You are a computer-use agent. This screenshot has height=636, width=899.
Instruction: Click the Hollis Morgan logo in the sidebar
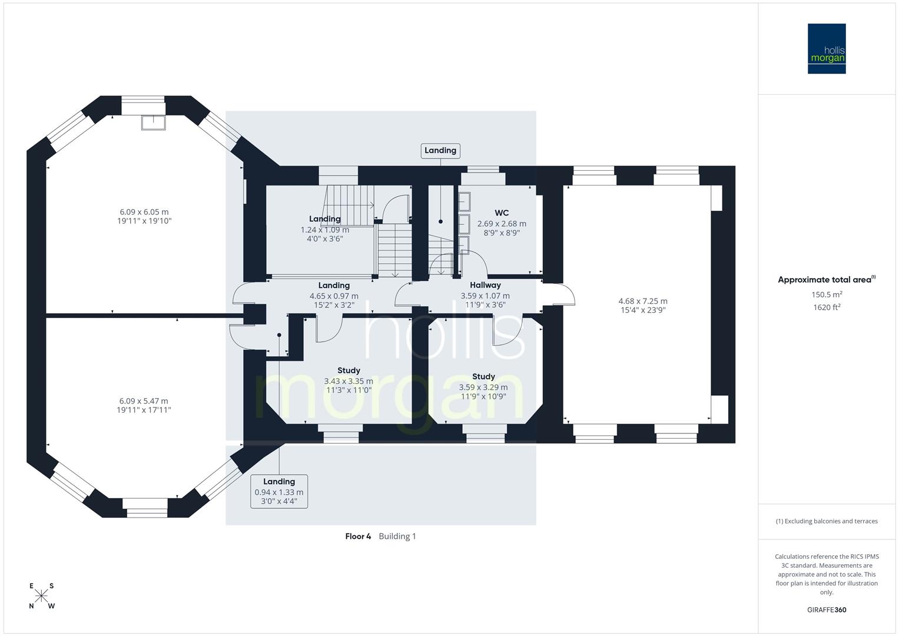(x=826, y=48)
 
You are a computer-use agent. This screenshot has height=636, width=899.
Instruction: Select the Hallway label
(x=485, y=285)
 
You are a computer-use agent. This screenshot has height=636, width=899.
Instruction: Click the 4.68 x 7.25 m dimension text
(x=643, y=301)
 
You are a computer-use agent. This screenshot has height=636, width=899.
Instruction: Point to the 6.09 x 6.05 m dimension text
(x=144, y=212)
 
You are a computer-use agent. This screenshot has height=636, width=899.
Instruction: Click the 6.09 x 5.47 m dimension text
(x=144, y=401)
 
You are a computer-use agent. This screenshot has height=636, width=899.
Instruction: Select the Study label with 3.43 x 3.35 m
(x=349, y=370)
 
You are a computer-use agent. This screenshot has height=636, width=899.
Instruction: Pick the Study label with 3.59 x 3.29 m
(x=483, y=376)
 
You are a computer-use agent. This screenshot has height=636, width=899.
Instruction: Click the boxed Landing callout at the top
(x=440, y=151)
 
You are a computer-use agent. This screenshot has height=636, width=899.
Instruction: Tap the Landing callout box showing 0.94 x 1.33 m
(x=279, y=491)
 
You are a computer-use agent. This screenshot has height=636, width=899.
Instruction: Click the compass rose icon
(x=41, y=596)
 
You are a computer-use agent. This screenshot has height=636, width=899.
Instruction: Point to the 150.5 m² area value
(x=827, y=294)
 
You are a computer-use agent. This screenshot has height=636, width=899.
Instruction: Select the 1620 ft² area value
(x=827, y=307)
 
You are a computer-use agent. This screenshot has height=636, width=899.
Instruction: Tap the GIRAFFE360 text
(x=827, y=609)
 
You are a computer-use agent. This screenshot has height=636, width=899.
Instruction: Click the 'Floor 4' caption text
(x=358, y=536)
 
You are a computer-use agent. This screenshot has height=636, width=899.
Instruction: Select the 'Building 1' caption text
(x=397, y=536)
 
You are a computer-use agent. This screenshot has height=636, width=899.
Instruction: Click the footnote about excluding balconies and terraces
(x=827, y=521)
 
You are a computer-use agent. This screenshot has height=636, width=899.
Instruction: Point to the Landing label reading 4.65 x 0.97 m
(x=334, y=286)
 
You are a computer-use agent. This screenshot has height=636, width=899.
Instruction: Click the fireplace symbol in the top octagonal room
(x=153, y=122)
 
